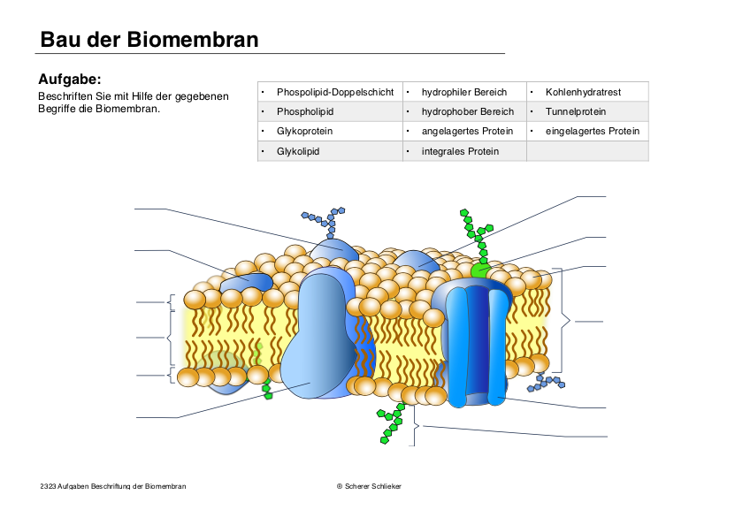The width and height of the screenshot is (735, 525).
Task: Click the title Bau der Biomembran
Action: (149, 40)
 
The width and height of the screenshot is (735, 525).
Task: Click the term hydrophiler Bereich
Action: (464, 92)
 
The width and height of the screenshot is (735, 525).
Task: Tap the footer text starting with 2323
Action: (112, 486)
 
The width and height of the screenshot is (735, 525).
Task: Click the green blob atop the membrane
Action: (480, 269)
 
